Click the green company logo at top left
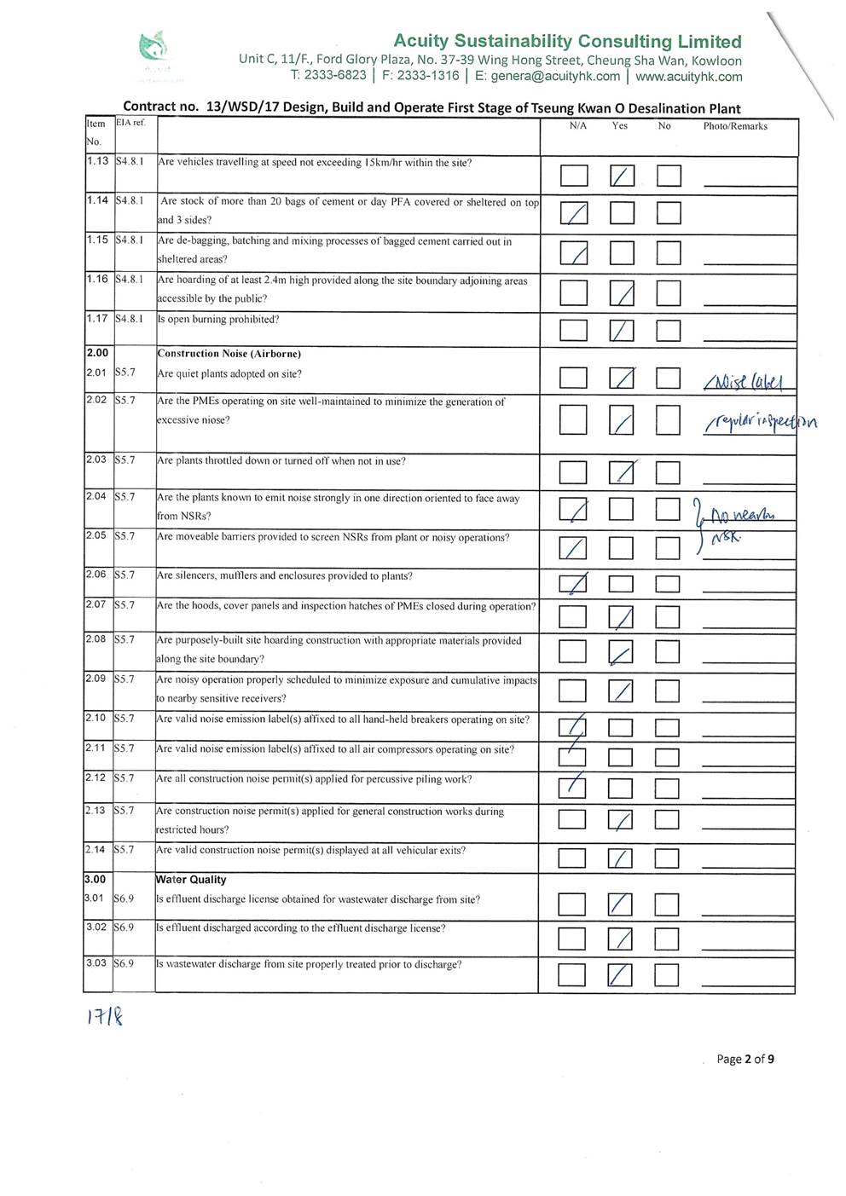tap(154, 48)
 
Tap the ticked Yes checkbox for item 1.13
tap(623, 176)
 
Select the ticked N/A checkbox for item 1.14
tap(574, 213)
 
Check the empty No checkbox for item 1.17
tap(669, 331)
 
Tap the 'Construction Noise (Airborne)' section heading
tap(229, 354)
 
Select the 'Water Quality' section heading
tap(191, 880)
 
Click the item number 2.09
tap(96, 679)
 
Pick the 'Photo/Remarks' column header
tap(735, 126)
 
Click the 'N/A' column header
tap(577, 126)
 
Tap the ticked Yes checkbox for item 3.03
tap(620, 974)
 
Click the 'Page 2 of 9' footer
tap(745, 1060)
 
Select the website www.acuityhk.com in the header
tap(689, 77)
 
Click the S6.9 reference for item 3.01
tap(124, 898)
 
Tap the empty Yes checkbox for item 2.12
tap(620, 789)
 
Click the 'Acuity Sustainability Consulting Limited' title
tap(567, 41)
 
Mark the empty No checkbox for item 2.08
tap(667, 652)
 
